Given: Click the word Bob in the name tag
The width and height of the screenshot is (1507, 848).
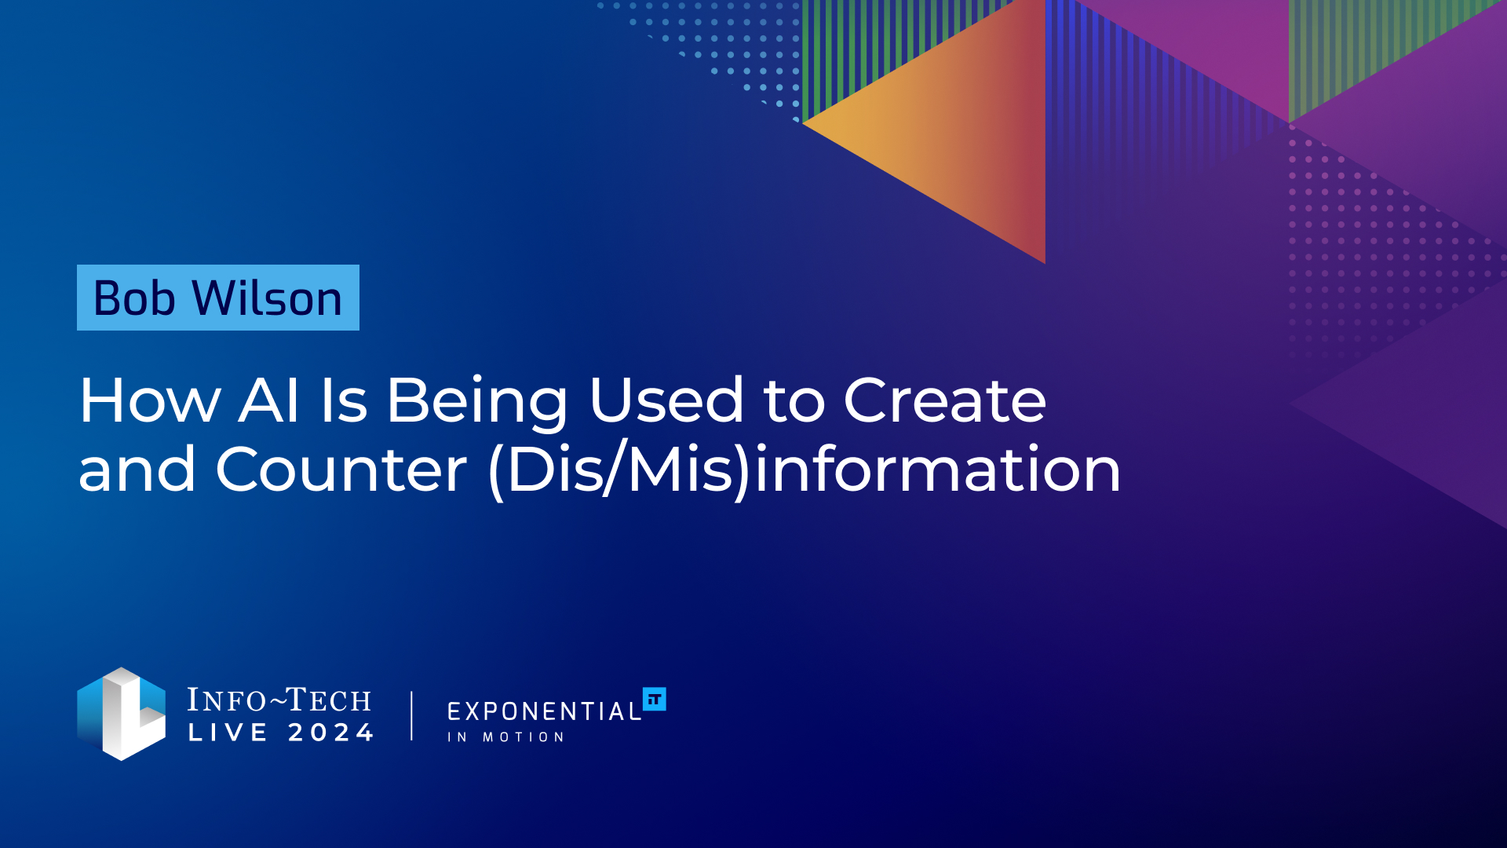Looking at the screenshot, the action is point(134,298).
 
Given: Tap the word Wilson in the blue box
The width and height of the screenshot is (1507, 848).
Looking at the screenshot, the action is point(268,298).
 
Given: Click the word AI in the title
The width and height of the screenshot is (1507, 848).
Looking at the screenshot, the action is point(268,400).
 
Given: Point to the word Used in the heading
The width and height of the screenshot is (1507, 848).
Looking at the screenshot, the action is point(666,400).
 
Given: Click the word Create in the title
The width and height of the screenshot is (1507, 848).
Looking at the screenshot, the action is point(944,400).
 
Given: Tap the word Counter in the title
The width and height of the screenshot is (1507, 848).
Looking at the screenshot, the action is point(341,470).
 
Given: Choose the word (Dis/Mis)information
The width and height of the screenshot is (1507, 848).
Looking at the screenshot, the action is point(805,470).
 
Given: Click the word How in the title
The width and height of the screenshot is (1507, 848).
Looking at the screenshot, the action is point(150,400).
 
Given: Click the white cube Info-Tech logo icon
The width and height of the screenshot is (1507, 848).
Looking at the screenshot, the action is point(122,714).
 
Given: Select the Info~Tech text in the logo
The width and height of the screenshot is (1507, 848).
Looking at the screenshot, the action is point(279,700).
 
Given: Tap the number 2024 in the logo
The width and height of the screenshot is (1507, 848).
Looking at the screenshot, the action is point(330,733).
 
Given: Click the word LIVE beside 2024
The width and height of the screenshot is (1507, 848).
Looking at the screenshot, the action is point(228,733).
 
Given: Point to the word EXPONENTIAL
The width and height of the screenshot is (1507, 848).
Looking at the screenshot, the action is point(545,711).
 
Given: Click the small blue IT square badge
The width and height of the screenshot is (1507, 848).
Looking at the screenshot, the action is point(655,699).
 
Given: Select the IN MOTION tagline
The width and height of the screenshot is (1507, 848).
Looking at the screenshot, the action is point(505,737).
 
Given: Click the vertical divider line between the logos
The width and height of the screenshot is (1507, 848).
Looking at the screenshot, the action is point(411,715).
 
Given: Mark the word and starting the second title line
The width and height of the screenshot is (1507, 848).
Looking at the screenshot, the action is point(137,470).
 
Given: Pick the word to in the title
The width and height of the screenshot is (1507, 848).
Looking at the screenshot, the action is point(794,402).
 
